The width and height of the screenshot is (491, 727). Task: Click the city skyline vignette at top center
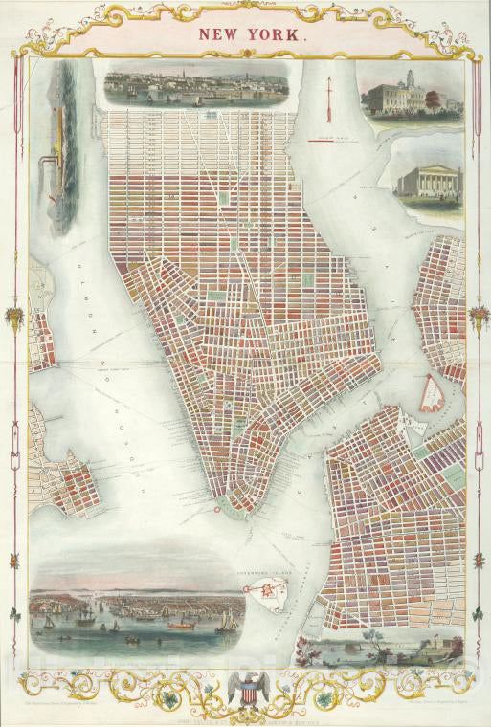196,87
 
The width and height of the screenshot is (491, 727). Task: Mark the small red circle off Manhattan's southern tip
216,509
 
